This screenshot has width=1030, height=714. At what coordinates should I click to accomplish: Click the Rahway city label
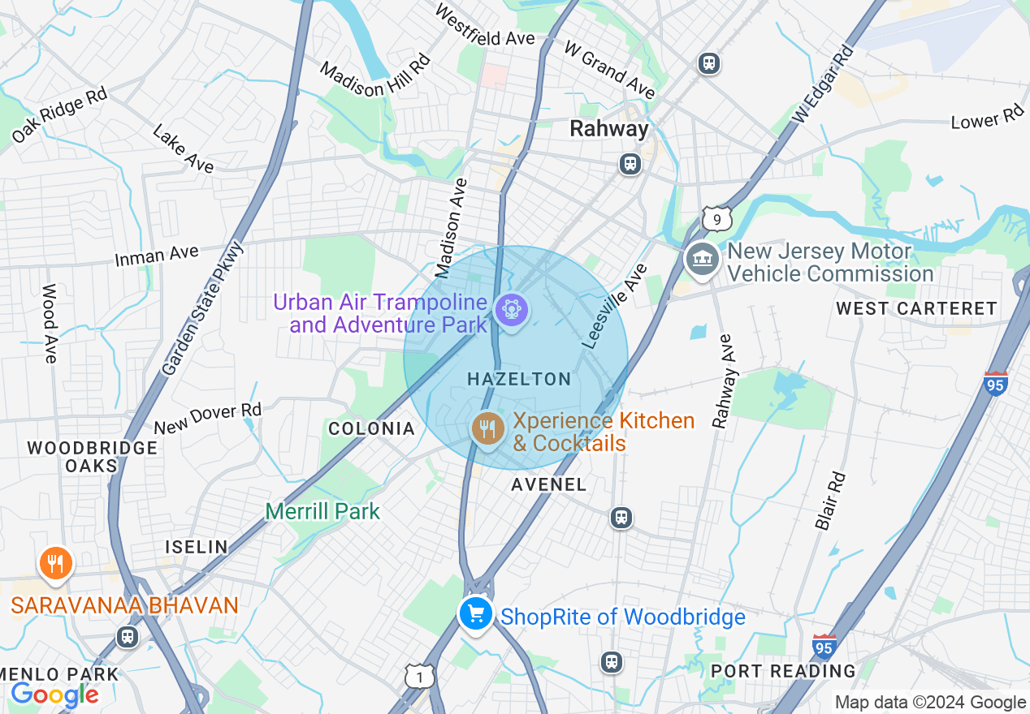pos(609,128)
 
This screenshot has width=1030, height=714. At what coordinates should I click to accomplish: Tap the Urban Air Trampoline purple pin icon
pos(512,310)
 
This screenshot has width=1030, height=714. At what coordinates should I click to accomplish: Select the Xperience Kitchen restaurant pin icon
pos(487,427)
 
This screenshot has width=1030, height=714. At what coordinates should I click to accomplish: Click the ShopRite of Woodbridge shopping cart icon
pos(476,613)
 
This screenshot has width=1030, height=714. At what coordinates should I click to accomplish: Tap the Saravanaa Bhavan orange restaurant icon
pos(55,562)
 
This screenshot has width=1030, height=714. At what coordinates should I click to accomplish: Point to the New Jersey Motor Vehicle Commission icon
pos(702,260)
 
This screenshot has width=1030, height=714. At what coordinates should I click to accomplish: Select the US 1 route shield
pos(419,676)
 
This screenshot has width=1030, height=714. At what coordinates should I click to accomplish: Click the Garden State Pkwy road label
pos(202,309)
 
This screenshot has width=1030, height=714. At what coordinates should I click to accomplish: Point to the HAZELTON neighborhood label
pos(520,379)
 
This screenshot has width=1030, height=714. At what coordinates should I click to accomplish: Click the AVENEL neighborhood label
pos(549,484)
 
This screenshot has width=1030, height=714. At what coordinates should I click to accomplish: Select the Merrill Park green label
pos(322,511)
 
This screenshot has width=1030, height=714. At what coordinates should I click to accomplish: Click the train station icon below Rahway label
pos(630,164)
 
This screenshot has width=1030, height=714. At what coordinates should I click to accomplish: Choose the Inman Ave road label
pos(157,256)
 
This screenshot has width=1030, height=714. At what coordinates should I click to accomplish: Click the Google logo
pos(54,695)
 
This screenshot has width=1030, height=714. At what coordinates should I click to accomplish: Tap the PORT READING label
pos(783,671)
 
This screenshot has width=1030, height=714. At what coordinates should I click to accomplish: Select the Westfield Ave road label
pos(485,26)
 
